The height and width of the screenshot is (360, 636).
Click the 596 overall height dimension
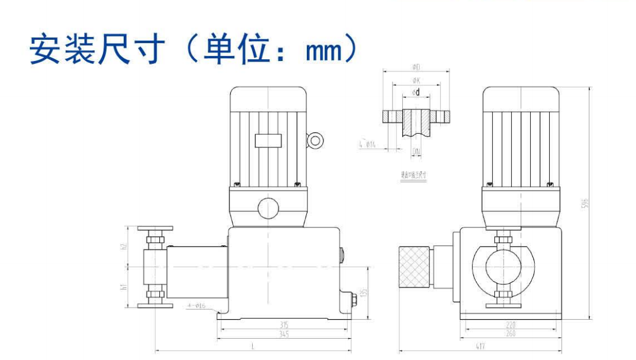click(584, 205)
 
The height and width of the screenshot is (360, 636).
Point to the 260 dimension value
click(510, 333)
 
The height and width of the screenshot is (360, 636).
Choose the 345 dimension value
click(284, 334)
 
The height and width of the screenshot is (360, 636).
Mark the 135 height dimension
click(363, 293)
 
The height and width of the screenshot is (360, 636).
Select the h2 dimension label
click(123, 247)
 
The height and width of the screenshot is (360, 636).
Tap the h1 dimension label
click(123, 286)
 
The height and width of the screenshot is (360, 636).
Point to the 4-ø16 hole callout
click(196, 306)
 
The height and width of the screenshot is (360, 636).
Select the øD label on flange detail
click(416, 67)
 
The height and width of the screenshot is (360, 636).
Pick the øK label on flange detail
click(416, 81)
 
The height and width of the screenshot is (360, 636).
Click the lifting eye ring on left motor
click(314, 140)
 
